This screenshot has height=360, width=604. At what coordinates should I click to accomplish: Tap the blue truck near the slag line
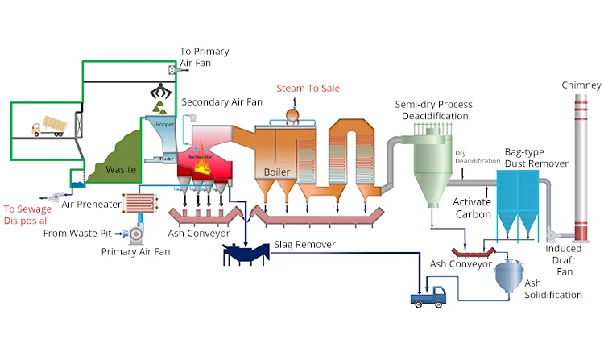click(428, 297)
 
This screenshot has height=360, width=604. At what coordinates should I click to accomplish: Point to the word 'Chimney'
click(582, 85)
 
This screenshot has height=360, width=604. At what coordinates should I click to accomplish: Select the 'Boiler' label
click(277, 172)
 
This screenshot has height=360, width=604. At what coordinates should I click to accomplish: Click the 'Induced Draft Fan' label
click(563, 260)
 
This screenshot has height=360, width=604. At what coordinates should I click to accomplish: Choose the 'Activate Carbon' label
click(473, 208)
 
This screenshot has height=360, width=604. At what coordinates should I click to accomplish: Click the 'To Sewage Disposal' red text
click(27, 213)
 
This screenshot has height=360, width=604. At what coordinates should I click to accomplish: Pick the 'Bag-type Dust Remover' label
click(536, 158)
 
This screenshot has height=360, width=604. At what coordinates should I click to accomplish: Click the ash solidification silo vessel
click(507, 278)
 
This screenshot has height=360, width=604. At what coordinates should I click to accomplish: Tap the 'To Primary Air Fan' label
click(205, 57)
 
